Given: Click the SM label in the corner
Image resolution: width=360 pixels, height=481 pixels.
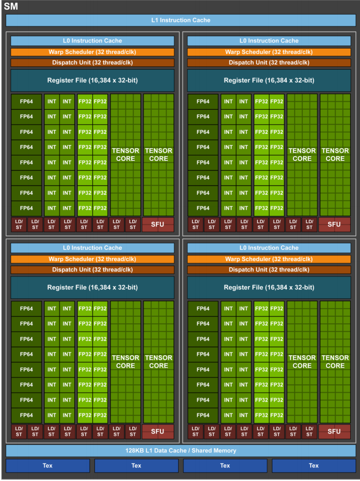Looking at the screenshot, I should tap(11, 6).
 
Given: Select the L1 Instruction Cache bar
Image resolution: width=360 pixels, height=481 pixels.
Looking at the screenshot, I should tap(180, 21).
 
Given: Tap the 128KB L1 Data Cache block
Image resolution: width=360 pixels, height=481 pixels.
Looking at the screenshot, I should tap(180, 450).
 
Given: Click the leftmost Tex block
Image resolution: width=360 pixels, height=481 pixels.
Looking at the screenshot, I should tap(47, 465).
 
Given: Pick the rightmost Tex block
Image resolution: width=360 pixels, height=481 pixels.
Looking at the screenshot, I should tap(314, 465).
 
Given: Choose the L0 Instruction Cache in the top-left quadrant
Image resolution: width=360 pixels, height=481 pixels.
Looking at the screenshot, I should tap(92, 41).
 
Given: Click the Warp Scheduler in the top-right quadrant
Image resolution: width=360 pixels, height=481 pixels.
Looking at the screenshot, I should tap(269, 52).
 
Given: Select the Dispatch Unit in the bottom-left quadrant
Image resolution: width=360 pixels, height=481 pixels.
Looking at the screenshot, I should tap(92, 269).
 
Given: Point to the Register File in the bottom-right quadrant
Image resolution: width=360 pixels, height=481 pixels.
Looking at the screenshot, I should tap(269, 288).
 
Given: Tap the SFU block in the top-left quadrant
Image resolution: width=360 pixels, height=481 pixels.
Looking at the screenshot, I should tap(158, 225).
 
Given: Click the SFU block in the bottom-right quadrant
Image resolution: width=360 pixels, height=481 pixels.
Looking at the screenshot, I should tap(334, 431).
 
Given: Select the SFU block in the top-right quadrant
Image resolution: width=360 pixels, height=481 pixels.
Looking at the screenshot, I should tap(334, 225).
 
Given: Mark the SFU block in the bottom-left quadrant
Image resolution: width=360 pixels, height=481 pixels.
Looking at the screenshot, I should tap(158, 431).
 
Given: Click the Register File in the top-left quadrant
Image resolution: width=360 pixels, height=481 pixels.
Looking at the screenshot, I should tap(92, 80).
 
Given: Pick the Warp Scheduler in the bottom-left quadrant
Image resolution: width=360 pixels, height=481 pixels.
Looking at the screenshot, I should tap(92, 259).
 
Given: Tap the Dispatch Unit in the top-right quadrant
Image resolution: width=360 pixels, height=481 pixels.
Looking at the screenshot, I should tap(269, 63).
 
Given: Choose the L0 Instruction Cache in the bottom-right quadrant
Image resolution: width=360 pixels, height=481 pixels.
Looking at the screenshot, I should tap(269, 248).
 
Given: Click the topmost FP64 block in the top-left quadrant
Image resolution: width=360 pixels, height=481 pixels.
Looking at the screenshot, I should tap(26, 101).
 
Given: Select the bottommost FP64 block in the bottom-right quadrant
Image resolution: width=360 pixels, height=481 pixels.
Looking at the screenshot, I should tap(203, 415).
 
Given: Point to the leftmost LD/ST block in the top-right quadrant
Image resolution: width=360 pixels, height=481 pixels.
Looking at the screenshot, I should tap(195, 225).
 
